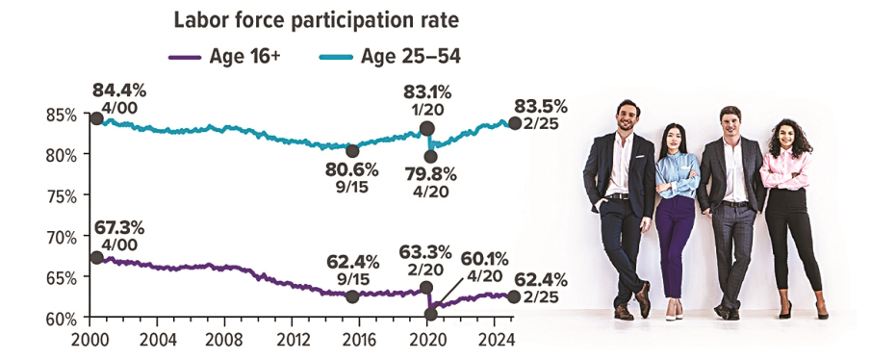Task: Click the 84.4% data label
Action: (119, 90)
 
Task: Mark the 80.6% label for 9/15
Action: (352, 169)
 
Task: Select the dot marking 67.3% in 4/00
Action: (95, 257)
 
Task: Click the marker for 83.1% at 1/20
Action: (426, 128)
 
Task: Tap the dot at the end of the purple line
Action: (513, 296)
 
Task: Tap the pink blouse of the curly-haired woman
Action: (784, 169)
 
